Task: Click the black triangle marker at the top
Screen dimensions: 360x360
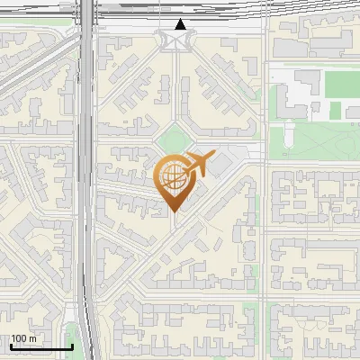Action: (181, 24)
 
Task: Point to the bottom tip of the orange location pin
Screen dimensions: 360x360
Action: (173, 212)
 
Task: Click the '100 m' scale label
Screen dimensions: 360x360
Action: (24, 338)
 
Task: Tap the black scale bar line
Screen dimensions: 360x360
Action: (41, 346)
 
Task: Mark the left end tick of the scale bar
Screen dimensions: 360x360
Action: (11, 346)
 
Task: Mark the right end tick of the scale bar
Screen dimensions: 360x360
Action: (72, 346)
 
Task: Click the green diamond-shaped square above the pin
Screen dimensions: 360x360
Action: (174, 140)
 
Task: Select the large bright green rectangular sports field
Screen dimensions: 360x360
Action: (341, 84)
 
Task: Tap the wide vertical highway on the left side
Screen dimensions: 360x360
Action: (86, 180)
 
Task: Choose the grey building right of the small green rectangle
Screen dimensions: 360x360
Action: (352, 110)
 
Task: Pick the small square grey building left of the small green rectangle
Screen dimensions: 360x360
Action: (320, 110)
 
